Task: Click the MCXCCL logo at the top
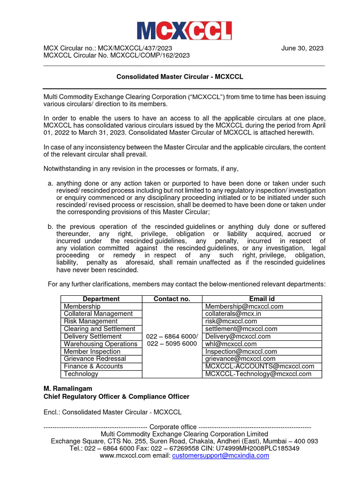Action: (x=184, y=31)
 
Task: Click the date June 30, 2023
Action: (x=302, y=48)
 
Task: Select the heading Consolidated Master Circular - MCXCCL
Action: (x=180, y=76)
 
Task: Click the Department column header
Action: (x=101, y=299)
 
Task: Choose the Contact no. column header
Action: (x=172, y=299)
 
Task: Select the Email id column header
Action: (x=262, y=299)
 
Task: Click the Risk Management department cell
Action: (x=90, y=322)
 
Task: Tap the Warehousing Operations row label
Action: (x=100, y=344)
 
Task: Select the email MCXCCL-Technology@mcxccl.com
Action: (x=258, y=374)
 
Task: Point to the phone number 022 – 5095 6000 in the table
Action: (x=172, y=344)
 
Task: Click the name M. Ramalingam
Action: (x=68, y=389)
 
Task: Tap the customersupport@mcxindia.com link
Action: (x=221, y=456)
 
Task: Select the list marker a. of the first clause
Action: (x=50, y=183)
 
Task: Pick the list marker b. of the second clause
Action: (x=50, y=227)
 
